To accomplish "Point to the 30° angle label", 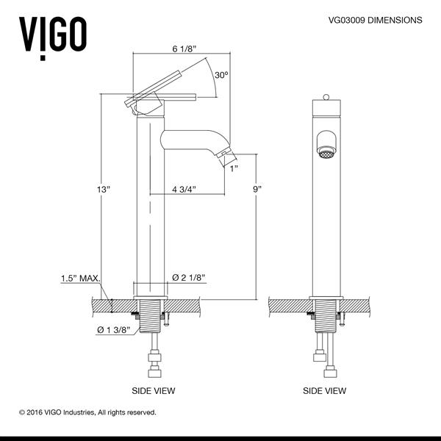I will tap(222, 75).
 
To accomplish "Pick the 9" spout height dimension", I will tap(257, 189).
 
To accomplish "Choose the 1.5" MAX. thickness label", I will tap(78, 279).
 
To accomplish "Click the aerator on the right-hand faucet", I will tap(324, 151).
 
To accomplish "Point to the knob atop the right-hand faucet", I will tap(324, 98).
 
